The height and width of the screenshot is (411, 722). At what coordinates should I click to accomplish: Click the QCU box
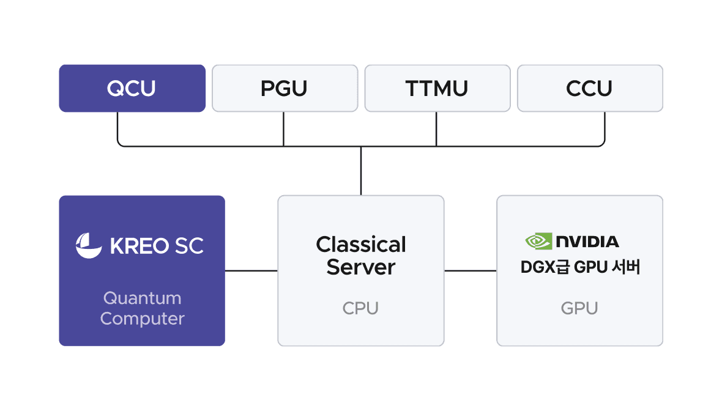[x=132, y=89]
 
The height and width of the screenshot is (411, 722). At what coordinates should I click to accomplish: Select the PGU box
[x=285, y=89]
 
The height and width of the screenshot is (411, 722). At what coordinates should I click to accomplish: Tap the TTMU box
[x=437, y=89]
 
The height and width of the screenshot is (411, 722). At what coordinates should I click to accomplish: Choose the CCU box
[x=590, y=89]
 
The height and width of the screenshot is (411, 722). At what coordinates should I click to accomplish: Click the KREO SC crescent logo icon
[x=89, y=245]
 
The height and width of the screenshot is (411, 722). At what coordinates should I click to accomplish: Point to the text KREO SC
[x=157, y=246]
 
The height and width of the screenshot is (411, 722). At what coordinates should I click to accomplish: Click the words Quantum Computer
[x=142, y=308]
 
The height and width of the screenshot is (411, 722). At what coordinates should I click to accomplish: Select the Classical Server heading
[x=361, y=256]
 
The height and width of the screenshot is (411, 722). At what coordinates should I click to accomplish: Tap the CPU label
[x=361, y=308]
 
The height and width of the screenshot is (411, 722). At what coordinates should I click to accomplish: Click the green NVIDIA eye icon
[x=538, y=241]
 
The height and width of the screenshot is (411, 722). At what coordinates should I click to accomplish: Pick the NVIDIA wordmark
[x=587, y=242]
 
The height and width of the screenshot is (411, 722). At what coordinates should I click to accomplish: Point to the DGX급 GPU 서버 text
[x=579, y=267]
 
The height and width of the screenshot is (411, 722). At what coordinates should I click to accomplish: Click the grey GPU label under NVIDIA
[x=579, y=308]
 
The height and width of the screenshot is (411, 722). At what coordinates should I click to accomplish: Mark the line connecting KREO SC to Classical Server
[x=251, y=270]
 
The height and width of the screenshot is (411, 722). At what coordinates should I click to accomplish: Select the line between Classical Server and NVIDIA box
[x=470, y=270]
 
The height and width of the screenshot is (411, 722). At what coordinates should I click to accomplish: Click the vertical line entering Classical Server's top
[x=361, y=171]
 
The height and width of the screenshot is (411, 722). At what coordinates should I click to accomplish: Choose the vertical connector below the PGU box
[x=284, y=128]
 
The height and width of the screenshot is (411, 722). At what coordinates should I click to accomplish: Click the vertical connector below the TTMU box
[x=436, y=128]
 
